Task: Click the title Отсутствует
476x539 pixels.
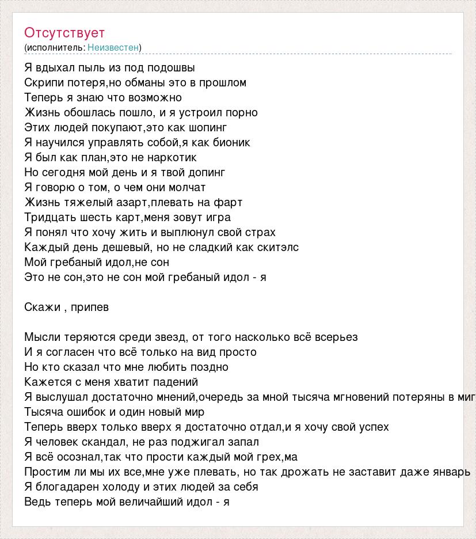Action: point(64,32)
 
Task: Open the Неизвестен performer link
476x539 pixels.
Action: point(113,47)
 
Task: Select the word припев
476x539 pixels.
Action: point(90,308)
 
